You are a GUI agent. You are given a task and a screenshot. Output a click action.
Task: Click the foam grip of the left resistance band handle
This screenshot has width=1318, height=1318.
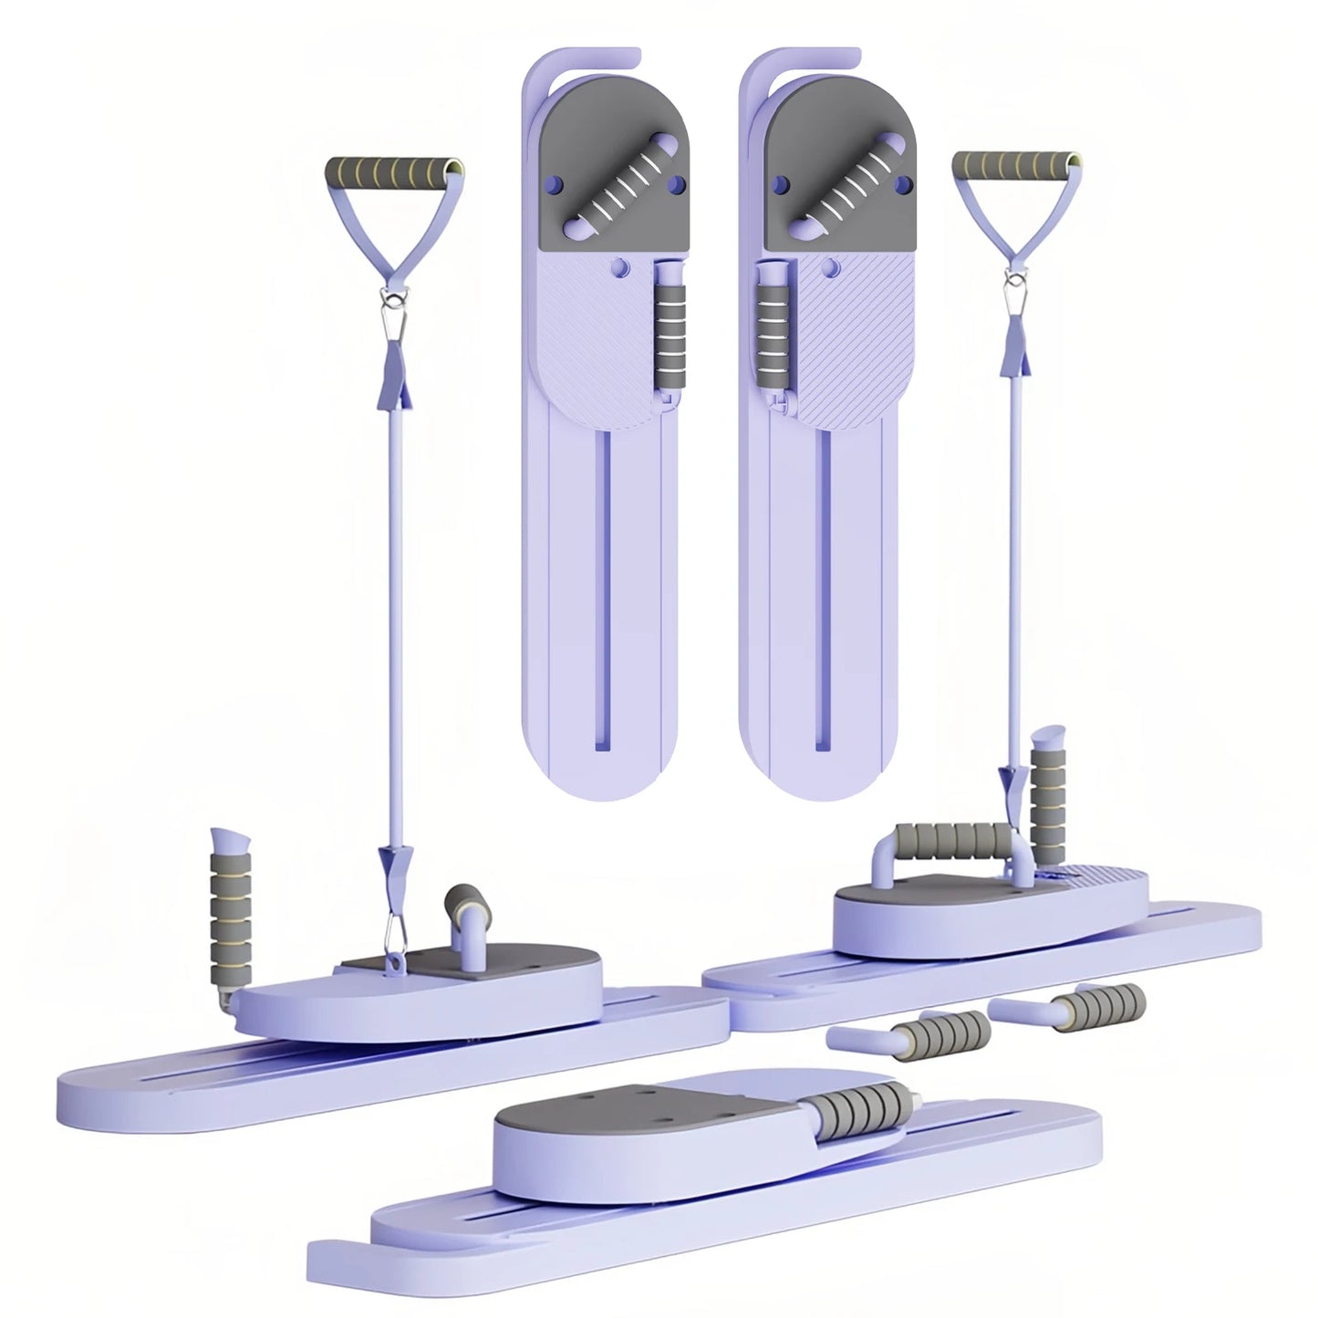(x=394, y=171)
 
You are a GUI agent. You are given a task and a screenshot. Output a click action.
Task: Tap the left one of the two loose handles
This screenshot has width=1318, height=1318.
(x=921, y=1033)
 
